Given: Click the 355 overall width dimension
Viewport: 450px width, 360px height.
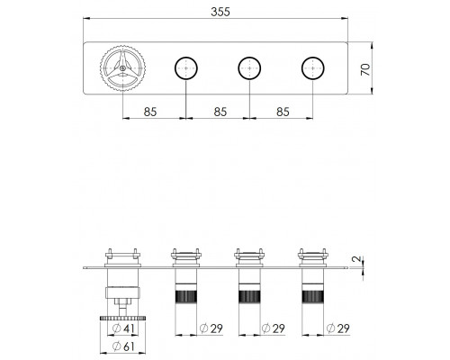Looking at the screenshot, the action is (220, 12).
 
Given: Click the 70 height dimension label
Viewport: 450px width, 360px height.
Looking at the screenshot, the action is (365, 69).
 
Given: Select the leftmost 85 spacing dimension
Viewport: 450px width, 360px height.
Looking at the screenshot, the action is (150, 112).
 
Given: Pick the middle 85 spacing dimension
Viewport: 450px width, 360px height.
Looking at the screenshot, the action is (220, 112).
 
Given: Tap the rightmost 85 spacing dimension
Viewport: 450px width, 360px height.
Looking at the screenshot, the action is (283, 112).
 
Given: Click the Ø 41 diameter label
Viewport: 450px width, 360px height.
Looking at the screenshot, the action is (123, 328).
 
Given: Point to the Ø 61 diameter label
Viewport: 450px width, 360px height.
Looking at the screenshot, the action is (123, 346).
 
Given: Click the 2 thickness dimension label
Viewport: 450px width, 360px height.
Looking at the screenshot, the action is (357, 259).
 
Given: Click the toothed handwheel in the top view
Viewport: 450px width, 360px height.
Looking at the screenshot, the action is (122, 68).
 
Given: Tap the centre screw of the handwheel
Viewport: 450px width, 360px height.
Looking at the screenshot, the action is (122, 68).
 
